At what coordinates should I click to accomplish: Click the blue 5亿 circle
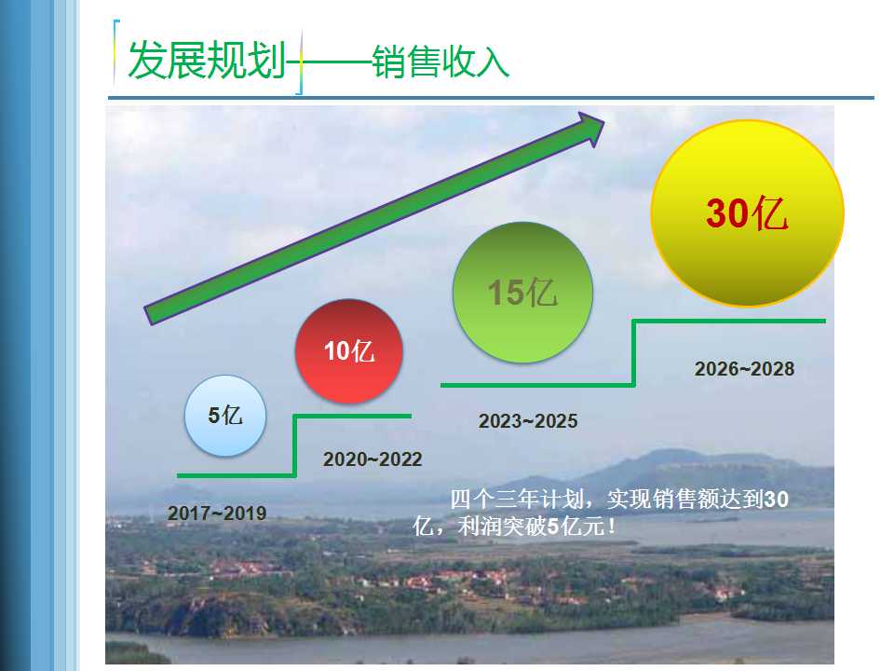click(225, 416)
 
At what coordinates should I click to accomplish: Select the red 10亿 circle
click(349, 351)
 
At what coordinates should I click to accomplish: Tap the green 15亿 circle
click(522, 292)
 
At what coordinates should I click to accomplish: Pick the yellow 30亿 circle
click(748, 212)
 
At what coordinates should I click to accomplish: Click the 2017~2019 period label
click(217, 513)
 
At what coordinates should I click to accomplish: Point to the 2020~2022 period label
click(372, 459)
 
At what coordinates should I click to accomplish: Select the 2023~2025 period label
click(528, 421)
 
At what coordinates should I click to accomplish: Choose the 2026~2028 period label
click(744, 369)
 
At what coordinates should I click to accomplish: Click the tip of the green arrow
click(604, 121)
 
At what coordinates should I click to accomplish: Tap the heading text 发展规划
click(207, 60)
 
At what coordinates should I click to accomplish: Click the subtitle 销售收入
click(440, 62)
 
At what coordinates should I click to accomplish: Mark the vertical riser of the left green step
click(295, 445)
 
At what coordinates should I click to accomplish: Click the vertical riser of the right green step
click(633, 353)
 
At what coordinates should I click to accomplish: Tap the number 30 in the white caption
click(776, 500)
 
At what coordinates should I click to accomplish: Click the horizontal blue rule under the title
click(491, 98)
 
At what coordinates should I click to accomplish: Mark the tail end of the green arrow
click(148, 316)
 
